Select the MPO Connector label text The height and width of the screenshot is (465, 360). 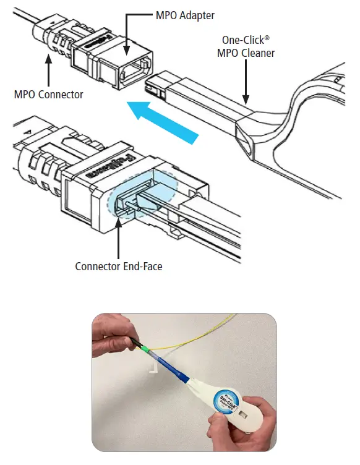tap(48, 95)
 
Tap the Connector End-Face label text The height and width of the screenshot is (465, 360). tap(118, 267)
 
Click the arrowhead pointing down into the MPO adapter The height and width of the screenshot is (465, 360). tap(127, 54)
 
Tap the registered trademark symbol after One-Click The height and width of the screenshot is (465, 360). tap(268, 38)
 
